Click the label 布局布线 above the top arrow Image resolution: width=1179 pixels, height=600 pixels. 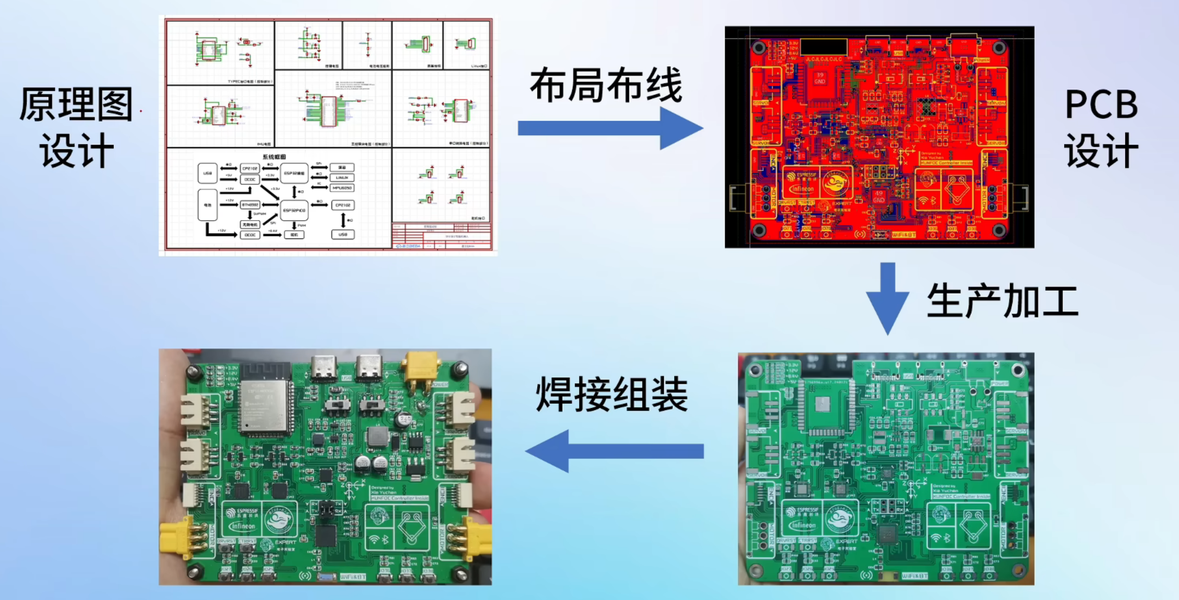click(x=606, y=86)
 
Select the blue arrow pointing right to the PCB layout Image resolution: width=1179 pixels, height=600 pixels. click(x=609, y=128)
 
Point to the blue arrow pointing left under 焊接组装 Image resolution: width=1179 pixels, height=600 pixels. click(x=614, y=451)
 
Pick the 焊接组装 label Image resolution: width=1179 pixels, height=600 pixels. click(x=612, y=394)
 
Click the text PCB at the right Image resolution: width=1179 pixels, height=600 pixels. click(x=1101, y=104)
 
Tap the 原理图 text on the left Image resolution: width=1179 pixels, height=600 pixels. click(x=76, y=104)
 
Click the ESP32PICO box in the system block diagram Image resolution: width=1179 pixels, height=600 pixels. click(x=294, y=210)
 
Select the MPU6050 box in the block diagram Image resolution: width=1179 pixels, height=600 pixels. click(x=342, y=188)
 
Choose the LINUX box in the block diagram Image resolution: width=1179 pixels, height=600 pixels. click(x=342, y=178)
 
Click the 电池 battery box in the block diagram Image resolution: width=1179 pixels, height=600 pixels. click(x=207, y=205)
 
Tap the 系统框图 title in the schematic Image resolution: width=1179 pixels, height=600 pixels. click(x=274, y=157)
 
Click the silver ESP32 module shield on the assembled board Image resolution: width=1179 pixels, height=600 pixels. click(x=264, y=405)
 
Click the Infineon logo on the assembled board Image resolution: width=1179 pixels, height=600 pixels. click(x=242, y=526)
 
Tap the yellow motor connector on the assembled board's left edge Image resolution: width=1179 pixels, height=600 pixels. click(x=176, y=536)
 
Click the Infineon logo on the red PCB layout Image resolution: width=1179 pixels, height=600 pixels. click(x=802, y=189)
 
